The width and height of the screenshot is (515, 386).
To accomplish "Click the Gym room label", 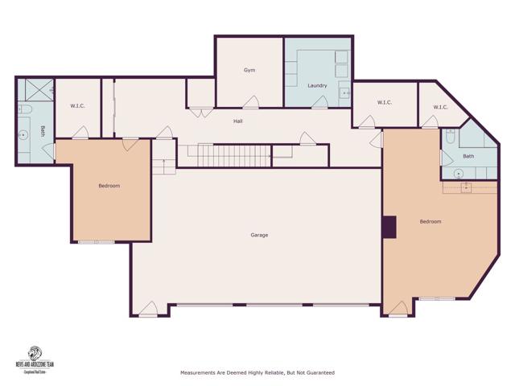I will [x=249, y=71].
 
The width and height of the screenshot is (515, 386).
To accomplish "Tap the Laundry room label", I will [x=316, y=85].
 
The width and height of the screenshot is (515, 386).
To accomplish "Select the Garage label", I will [x=258, y=235].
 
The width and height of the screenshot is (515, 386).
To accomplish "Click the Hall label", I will [x=238, y=121].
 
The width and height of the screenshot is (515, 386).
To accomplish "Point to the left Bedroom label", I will [x=109, y=186].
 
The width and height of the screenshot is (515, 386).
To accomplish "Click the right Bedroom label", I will [x=431, y=221].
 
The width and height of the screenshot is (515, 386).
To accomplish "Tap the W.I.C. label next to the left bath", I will [x=78, y=105].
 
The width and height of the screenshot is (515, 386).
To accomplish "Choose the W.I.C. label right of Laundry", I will [x=384, y=102].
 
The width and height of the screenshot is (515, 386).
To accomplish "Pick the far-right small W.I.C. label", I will [x=440, y=107].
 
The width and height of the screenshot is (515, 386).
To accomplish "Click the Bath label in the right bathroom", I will [x=468, y=156].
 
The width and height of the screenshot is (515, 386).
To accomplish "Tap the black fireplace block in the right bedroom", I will [x=390, y=227].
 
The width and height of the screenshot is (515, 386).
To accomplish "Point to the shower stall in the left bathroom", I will [x=35, y=88].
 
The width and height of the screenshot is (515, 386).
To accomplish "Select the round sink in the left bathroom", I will [x=23, y=135].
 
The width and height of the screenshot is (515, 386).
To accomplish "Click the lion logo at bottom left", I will [x=35, y=353].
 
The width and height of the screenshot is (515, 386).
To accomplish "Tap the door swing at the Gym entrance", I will [x=251, y=102].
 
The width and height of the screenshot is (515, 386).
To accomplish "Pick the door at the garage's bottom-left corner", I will [x=148, y=309].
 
